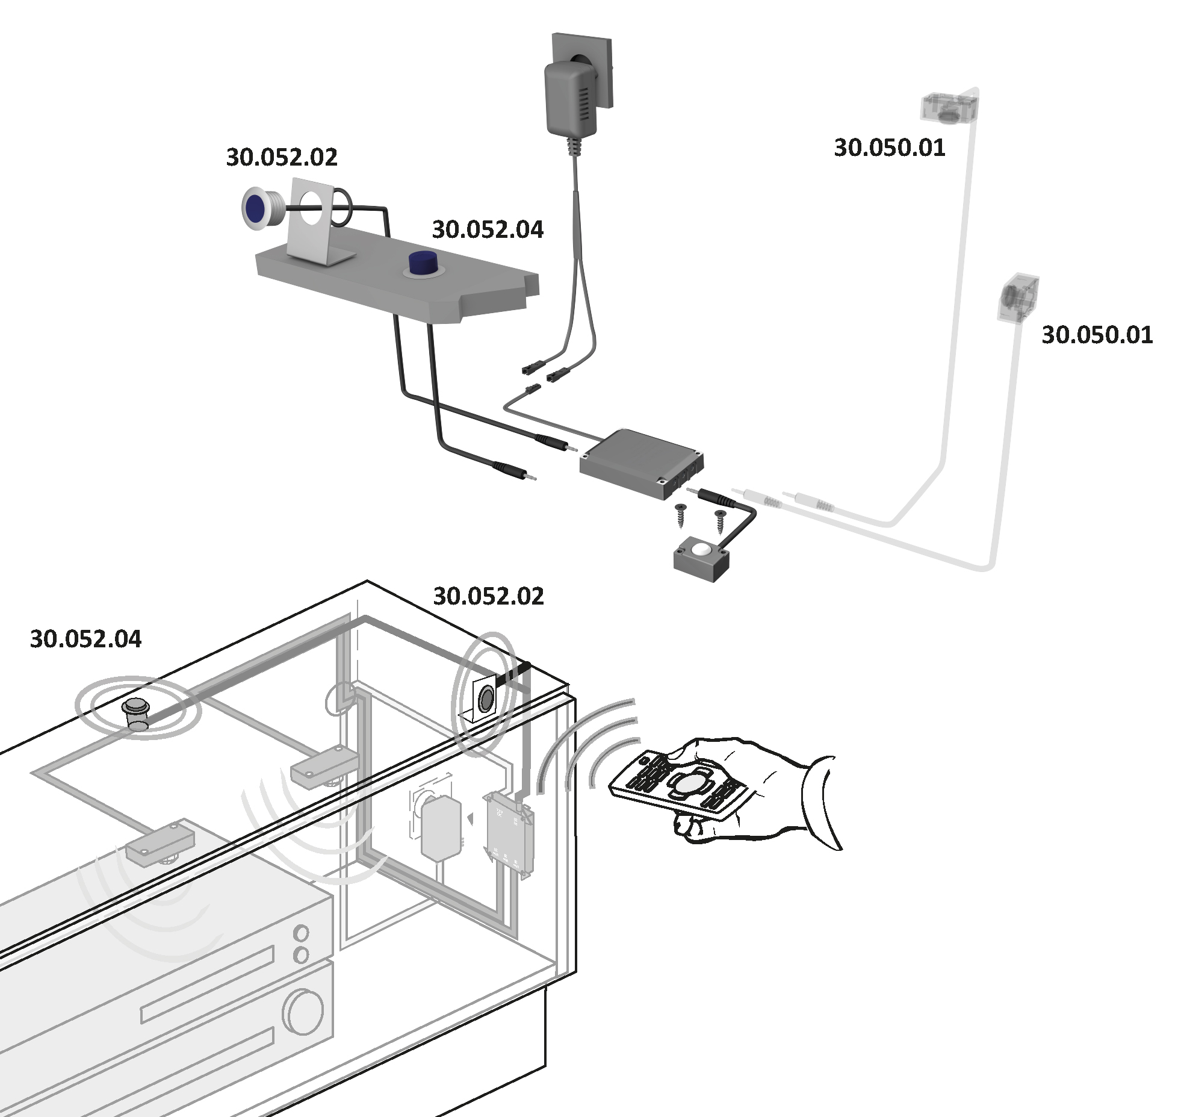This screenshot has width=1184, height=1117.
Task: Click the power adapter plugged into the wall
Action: [569, 99]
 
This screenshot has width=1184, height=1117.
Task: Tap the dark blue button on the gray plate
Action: [423, 263]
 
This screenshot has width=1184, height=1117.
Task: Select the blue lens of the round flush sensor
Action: [256, 207]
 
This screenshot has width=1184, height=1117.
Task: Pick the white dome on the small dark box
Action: [701, 549]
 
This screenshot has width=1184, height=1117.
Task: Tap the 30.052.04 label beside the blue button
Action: [488, 229]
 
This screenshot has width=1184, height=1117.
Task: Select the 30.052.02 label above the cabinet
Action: [488, 596]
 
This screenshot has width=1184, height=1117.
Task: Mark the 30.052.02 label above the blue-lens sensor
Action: [282, 157]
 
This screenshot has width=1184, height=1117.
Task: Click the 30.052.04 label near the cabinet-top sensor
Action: [85, 639]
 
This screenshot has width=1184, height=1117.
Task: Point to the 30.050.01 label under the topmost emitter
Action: [889, 148]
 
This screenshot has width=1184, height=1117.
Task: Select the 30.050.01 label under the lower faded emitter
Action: [1097, 335]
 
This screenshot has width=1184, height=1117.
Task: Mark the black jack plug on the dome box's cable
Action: [716, 497]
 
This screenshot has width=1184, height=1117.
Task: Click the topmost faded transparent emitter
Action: [948, 107]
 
